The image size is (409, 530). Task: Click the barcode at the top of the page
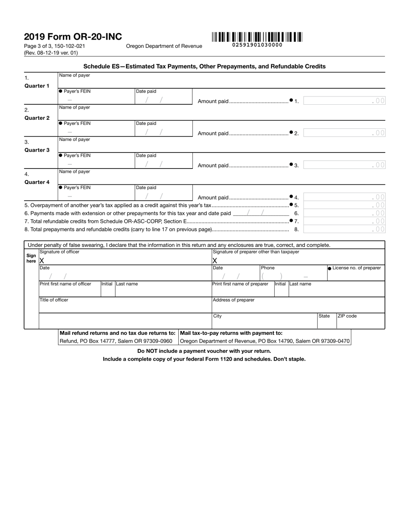click(257, 37)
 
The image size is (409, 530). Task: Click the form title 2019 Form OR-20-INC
click(73, 37)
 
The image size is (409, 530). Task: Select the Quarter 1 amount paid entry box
click(344, 101)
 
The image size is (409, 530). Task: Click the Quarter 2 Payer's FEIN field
click(96, 132)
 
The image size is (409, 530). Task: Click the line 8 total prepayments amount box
click(344, 229)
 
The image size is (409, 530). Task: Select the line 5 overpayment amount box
click(344, 205)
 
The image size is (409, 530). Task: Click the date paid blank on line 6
click(261, 213)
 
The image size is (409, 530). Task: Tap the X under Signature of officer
click(42, 261)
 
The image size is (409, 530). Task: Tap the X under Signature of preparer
click(215, 261)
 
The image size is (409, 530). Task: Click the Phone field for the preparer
click(293, 276)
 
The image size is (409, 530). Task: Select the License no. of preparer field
click(356, 276)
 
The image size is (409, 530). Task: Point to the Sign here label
click(31, 258)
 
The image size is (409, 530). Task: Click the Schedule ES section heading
click(204, 66)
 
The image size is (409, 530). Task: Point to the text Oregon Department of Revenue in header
click(164, 46)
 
